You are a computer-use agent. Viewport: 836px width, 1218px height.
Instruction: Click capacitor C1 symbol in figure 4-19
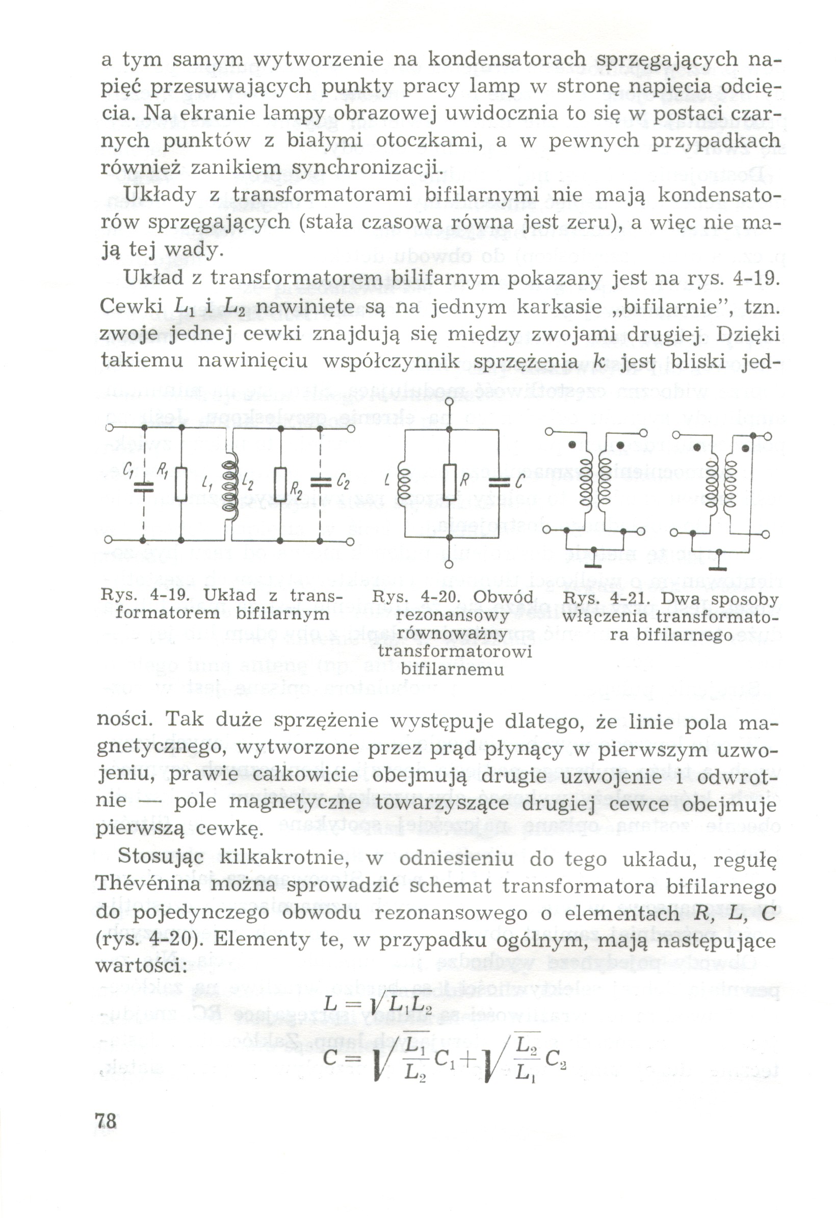tap(143, 487)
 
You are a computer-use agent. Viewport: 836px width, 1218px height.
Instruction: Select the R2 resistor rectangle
tap(281, 485)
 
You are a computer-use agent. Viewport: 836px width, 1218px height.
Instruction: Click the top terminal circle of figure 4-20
tap(449, 402)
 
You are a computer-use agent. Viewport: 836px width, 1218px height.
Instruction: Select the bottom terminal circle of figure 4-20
tap(449, 565)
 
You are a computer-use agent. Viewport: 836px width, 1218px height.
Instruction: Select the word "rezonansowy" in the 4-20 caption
tap(453, 615)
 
